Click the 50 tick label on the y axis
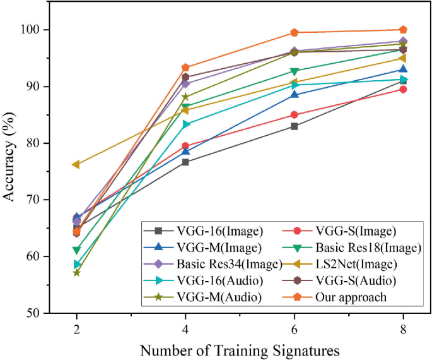[35, 313]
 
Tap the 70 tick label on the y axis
[35, 200]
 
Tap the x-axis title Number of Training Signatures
[240, 349]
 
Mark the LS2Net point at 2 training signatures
[76, 164]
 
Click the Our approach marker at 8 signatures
[404, 30]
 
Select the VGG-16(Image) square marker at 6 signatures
[295, 126]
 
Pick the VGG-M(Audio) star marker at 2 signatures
[76, 272]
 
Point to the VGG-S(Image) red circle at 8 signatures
[404, 89]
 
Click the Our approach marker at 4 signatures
[185, 68]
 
